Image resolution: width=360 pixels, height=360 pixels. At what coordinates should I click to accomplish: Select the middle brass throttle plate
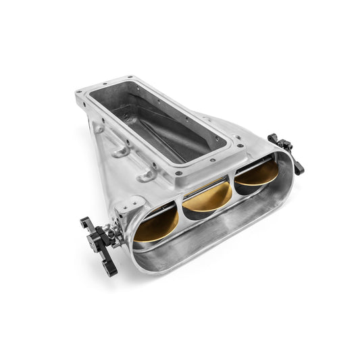(x=207, y=198)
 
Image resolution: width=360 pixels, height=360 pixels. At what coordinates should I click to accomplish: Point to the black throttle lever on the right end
(x=286, y=150)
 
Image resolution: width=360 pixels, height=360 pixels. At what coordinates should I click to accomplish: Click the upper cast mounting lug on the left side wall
(x=122, y=149)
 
